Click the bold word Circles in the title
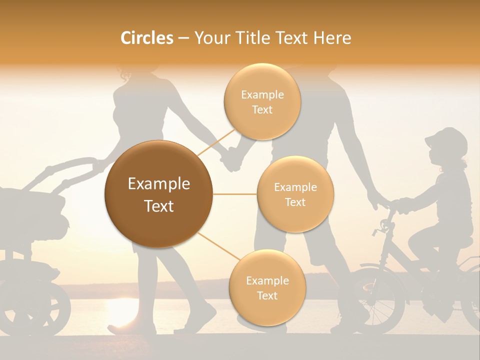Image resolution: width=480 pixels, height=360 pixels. click(146, 38)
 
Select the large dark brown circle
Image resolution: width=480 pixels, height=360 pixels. click(159, 194)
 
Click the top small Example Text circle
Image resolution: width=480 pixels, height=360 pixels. click(262, 102)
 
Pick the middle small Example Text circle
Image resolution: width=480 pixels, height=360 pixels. click(295, 194)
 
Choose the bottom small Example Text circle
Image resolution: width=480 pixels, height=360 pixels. click(267, 287)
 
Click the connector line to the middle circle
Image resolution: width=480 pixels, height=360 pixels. click(235, 194)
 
